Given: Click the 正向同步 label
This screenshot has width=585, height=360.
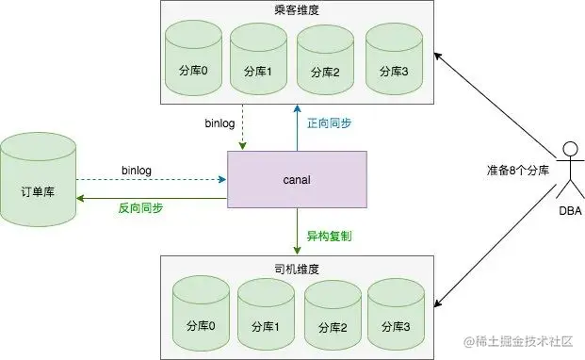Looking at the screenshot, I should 331,123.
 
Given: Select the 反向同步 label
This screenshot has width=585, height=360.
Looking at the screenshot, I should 138,207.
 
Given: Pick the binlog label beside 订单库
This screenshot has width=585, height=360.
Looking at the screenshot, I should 138,170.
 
